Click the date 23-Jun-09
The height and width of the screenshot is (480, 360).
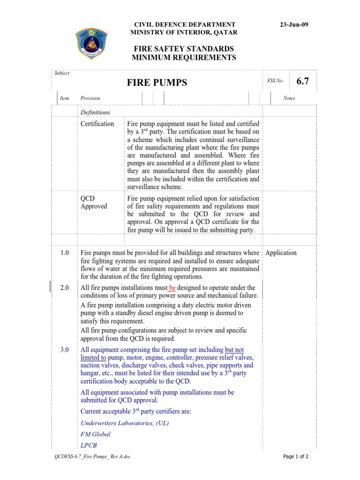pyautogui.click(x=294, y=24)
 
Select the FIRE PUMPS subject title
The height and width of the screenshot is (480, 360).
pyautogui.click(x=157, y=83)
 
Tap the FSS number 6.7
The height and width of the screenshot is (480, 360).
pyautogui.click(x=303, y=81)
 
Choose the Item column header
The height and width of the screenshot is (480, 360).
pyautogui.click(x=65, y=98)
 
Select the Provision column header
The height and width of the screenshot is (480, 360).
pyautogui.click(x=90, y=98)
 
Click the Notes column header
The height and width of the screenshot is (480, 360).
pyautogui.click(x=289, y=98)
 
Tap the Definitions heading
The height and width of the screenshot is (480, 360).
pyautogui.click(x=95, y=112)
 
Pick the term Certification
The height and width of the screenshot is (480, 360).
pyautogui.click(x=97, y=124)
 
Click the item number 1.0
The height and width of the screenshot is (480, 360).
pyautogui.click(x=65, y=253)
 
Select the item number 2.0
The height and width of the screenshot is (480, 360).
pyautogui.click(x=65, y=288)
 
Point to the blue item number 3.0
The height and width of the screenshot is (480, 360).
pyautogui.click(x=65, y=350)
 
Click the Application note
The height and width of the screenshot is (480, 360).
pyautogui.click(x=281, y=253)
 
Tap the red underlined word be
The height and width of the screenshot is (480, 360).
pyautogui.click(x=172, y=288)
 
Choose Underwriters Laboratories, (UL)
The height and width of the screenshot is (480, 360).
pyautogui.click(x=125, y=423)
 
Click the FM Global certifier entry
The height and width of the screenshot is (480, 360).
pyautogui.click(x=96, y=435)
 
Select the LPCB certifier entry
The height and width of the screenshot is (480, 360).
pyautogui.click(x=89, y=446)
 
